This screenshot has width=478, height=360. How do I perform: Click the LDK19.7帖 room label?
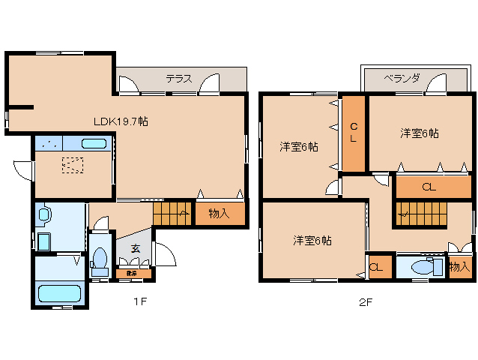(x=120, y=121)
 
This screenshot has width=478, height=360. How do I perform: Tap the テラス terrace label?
(x=179, y=78)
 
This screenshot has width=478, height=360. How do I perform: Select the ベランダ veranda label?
(x=402, y=77)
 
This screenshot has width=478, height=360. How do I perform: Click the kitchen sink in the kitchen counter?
(x=94, y=143)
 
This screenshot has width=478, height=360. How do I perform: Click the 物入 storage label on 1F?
(x=219, y=214)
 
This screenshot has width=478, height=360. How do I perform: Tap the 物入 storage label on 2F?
(x=459, y=266)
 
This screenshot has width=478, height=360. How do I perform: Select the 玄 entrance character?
(x=135, y=248)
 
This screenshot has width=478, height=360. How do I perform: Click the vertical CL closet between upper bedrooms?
(x=354, y=133)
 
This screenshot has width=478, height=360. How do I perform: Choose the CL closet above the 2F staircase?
(x=428, y=187)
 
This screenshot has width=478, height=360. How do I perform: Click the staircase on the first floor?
(x=172, y=214)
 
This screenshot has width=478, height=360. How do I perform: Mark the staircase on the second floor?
(x=420, y=214)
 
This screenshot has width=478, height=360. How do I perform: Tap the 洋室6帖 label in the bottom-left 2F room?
(x=312, y=241)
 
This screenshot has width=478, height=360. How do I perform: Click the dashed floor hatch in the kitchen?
(x=73, y=164)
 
